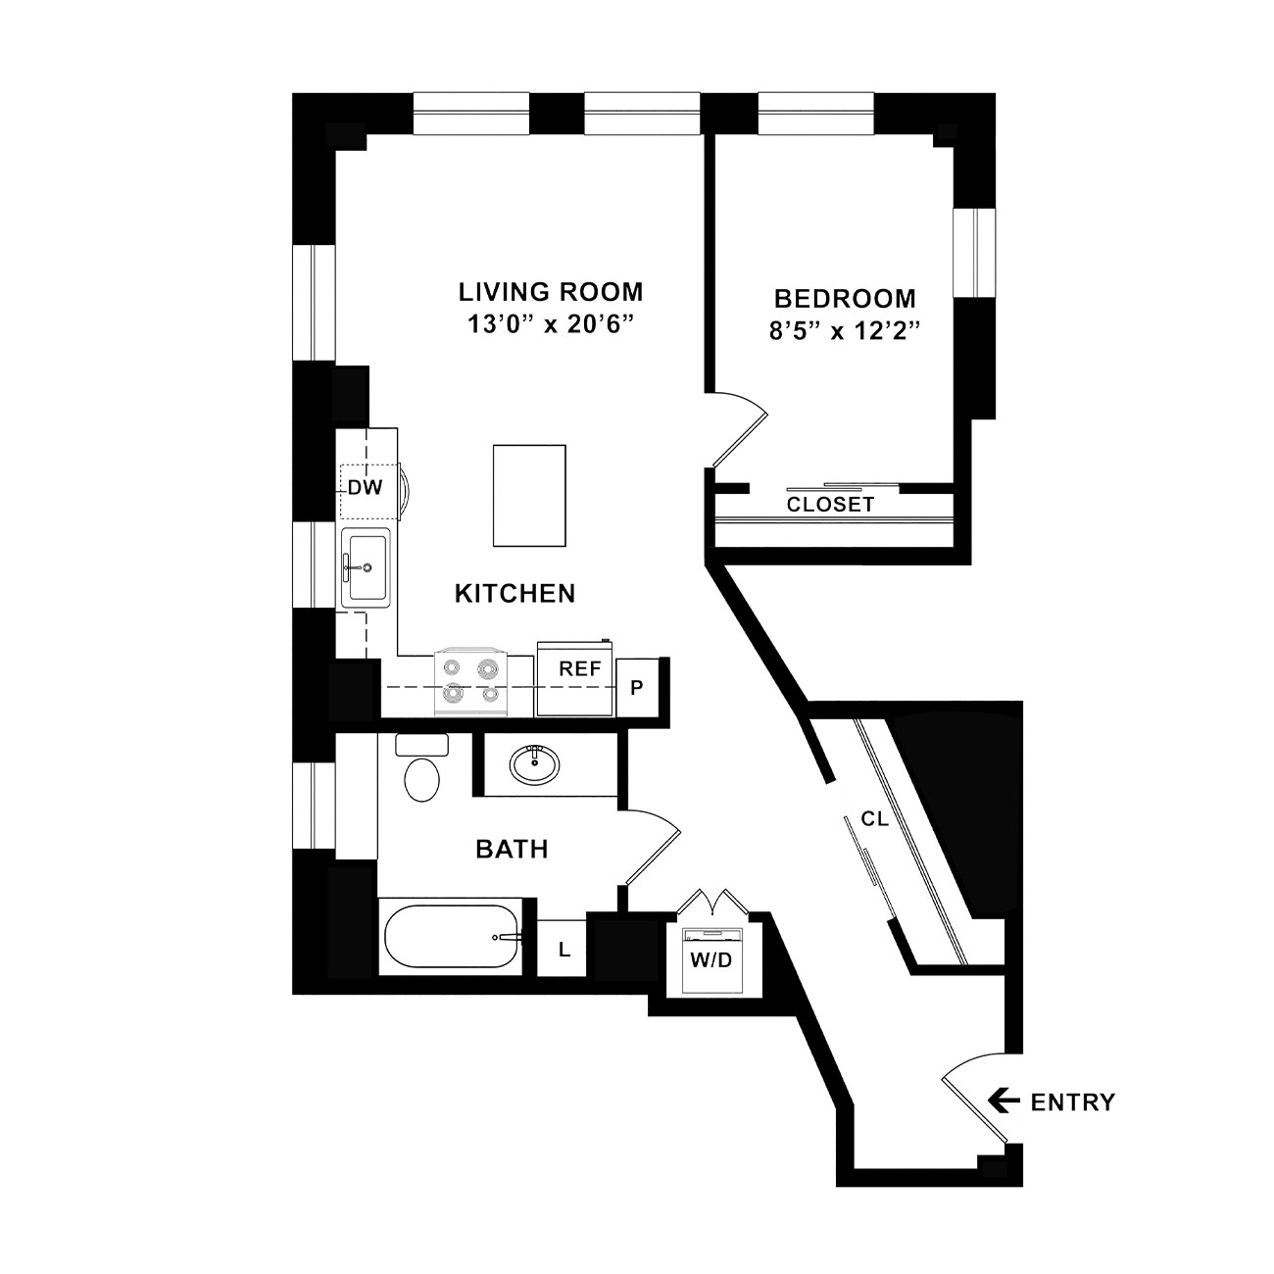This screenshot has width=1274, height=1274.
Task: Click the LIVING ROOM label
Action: coord(551,292)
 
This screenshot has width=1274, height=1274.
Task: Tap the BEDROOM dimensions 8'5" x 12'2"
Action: coord(845,330)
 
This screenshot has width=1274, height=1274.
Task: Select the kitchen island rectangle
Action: coord(529,496)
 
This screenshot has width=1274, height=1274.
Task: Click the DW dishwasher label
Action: coord(365,488)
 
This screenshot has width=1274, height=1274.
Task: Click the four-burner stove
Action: coord(470,682)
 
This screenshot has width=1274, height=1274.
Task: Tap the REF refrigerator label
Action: coord(580,669)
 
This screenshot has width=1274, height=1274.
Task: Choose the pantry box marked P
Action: coord(637,688)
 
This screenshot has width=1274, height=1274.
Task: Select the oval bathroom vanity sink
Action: coord(534,765)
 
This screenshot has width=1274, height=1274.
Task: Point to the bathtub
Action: coord(452,937)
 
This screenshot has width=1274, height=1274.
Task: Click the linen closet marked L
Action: coord(563,950)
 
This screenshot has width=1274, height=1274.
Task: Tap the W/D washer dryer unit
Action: coord(711,959)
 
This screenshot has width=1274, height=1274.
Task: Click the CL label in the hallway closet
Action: coord(875,819)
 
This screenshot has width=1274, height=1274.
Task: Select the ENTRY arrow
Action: coord(1003,1102)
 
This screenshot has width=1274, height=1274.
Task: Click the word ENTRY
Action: coord(1073,1102)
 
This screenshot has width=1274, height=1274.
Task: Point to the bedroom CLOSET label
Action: coord(830,505)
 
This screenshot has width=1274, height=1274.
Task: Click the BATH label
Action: coord(513,849)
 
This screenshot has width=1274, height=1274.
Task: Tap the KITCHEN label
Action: coord(515,594)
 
